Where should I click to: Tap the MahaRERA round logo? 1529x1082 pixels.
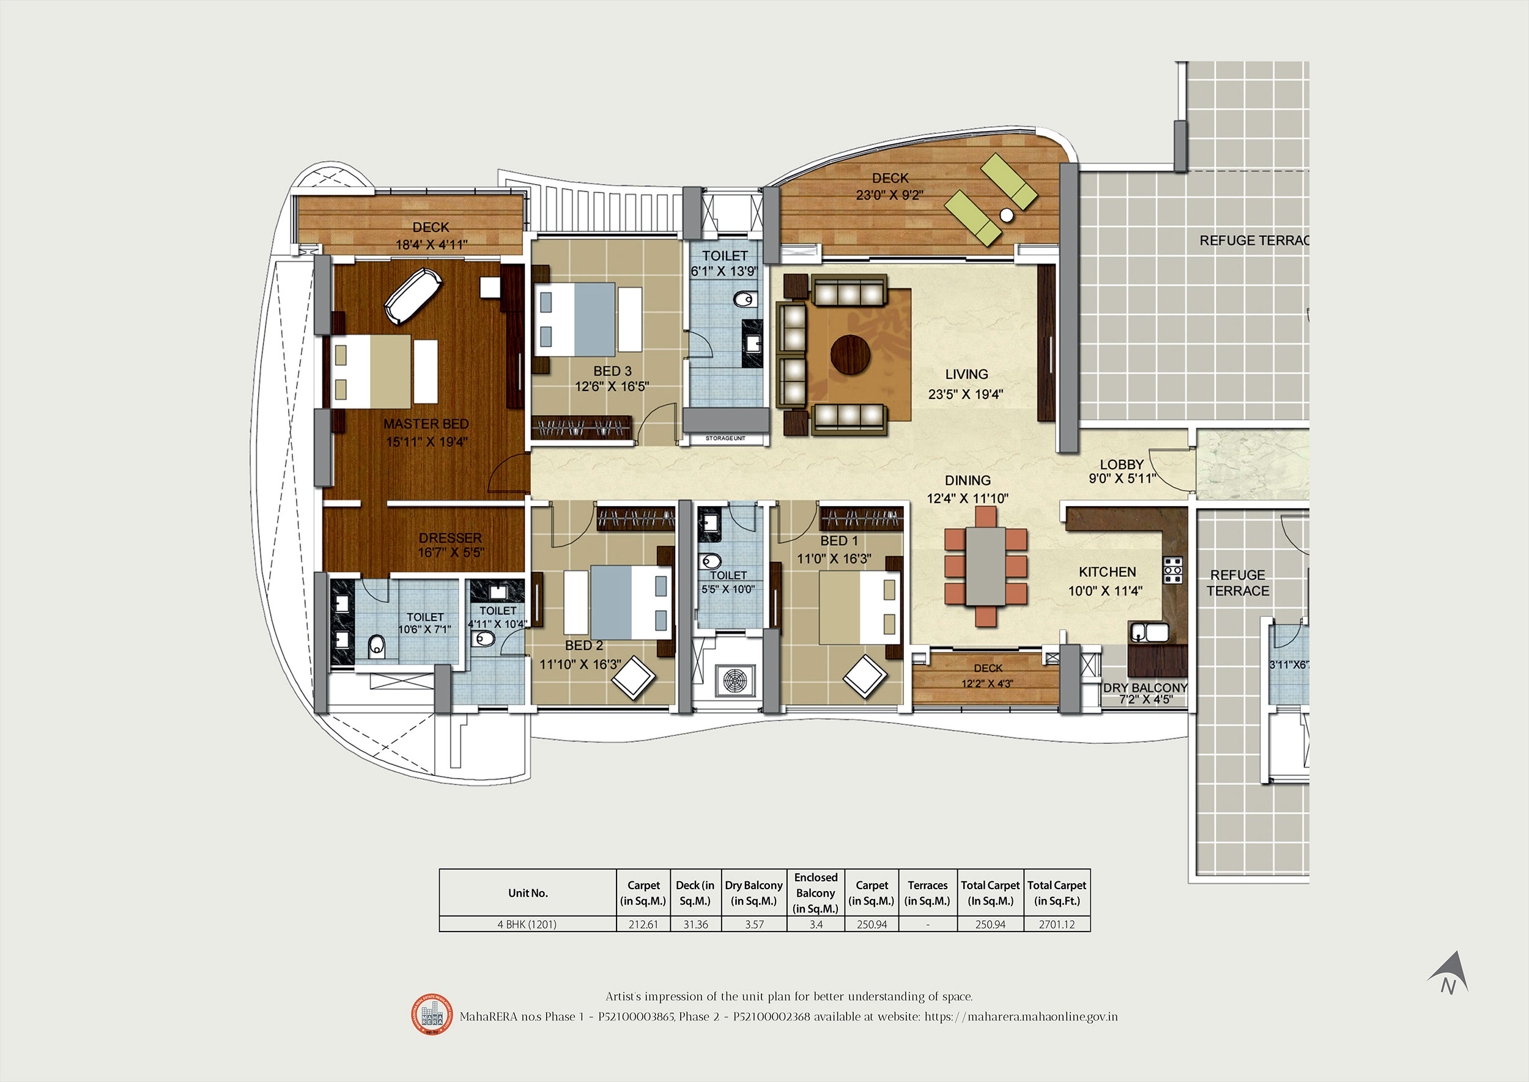(x=432, y=1014)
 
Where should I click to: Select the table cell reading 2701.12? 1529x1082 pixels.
(x=1057, y=924)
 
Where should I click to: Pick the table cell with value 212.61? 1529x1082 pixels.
(x=643, y=924)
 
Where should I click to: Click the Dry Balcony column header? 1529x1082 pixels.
(x=754, y=893)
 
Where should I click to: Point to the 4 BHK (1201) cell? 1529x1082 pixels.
(x=527, y=924)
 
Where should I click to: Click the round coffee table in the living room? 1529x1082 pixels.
(x=850, y=354)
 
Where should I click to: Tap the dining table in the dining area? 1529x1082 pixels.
(x=985, y=566)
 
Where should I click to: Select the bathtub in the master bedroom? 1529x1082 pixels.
(x=413, y=296)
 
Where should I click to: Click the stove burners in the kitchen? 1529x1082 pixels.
(x=1172, y=570)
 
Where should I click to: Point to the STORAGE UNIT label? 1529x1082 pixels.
(x=725, y=438)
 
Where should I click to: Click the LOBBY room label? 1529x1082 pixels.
(x=1122, y=465)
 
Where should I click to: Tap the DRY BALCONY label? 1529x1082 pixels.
(x=1146, y=688)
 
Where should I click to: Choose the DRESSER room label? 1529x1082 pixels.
(x=450, y=538)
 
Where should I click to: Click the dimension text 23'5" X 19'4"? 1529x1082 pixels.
(x=966, y=394)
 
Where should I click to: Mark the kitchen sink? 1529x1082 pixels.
(x=1149, y=632)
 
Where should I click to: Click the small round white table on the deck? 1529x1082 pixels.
(x=1007, y=215)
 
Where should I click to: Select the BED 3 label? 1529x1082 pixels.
(x=613, y=371)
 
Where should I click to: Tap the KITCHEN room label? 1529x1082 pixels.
(x=1108, y=572)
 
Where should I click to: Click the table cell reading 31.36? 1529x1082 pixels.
(x=695, y=924)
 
